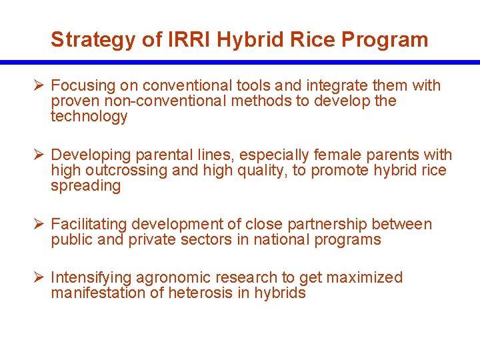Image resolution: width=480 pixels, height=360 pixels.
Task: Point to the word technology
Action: (89, 117)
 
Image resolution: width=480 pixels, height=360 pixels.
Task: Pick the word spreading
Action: (85, 186)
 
